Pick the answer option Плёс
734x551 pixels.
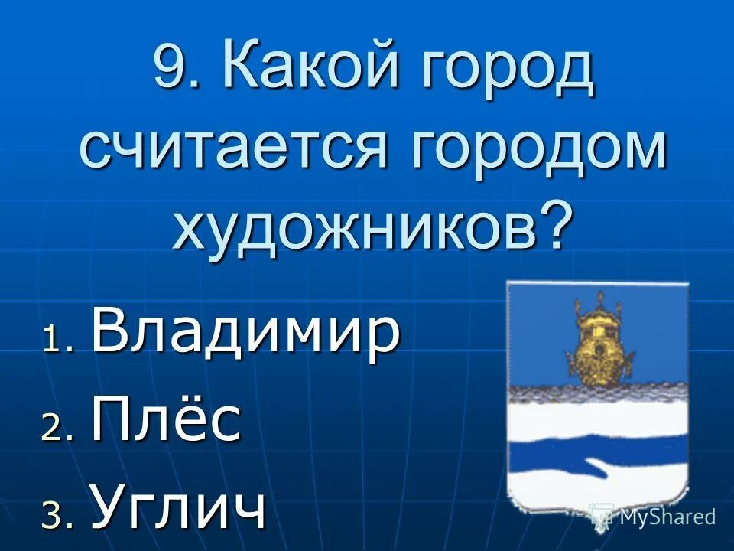click(167, 420)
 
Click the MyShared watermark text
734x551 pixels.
click(667, 517)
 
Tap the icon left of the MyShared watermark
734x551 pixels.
click(602, 516)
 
